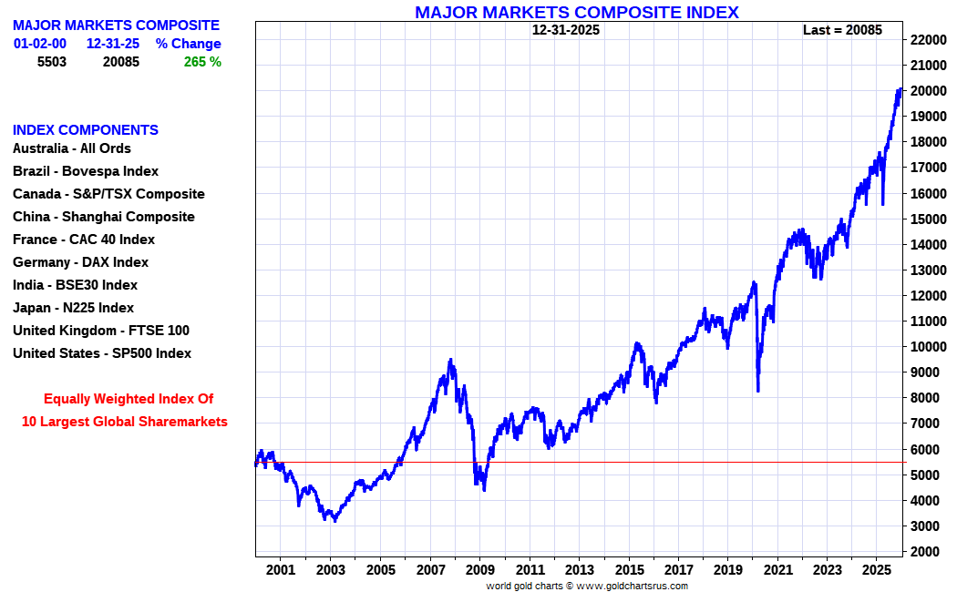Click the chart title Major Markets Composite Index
(x=576, y=12)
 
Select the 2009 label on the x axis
(x=479, y=570)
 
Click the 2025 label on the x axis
(x=876, y=570)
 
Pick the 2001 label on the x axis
(x=281, y=570)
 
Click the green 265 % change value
(x=201, y=62)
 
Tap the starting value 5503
(x=52, y=62)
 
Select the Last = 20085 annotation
(x=842, y=30)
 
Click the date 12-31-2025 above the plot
(x=566, y=30)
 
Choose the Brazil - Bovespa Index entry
(x=86, y=171)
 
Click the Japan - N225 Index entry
(x=73, y=308)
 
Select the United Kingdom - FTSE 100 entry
(x=101, y=331)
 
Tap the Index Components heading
(x=86, y=130)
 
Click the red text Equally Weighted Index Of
(x=129, y=399)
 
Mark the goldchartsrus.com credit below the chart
(x=587, y=586)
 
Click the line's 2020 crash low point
(x=758, y=392)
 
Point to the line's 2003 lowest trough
(x=335, y=521)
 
